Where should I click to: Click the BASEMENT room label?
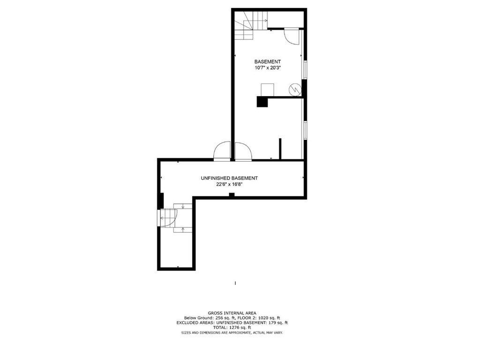(x=267, y=61)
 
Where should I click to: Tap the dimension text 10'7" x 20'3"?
(x=268, y=68)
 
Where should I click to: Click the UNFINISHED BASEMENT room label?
(x=229, y=178)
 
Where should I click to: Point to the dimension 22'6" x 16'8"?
(x=229, y=184)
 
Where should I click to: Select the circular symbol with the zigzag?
(x=295, y=90)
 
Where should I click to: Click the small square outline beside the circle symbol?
(x=267, y=90)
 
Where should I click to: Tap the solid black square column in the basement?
(x=262, y=102)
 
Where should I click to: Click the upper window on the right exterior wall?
(x=305, y=70)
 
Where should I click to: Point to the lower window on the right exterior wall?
(x=305, y=130)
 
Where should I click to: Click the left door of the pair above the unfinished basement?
(x=222, y=151)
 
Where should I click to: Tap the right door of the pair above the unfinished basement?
(x=243, y=151)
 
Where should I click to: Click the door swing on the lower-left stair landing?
(x=167, y=217)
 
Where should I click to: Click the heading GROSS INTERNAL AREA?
(x=232, y=313)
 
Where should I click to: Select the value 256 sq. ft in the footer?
(x=221, y=318)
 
